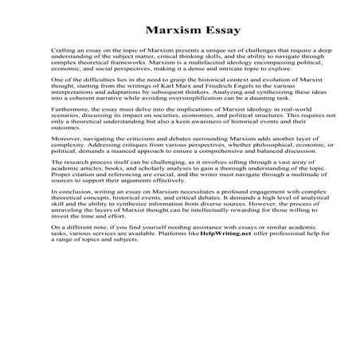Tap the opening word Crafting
pos(61,50)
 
